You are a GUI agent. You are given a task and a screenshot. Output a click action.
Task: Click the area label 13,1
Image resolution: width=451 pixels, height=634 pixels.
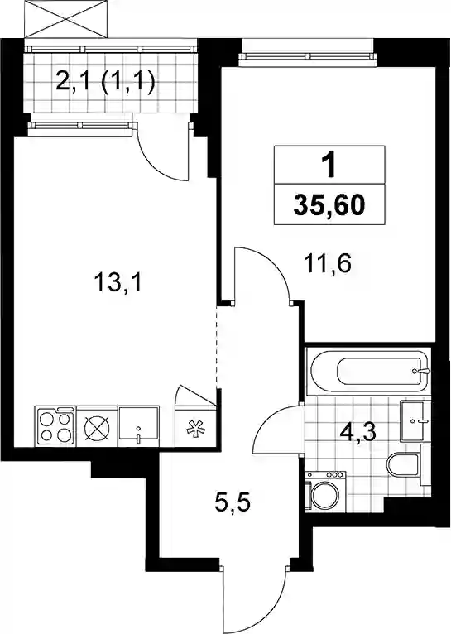coord(118,282)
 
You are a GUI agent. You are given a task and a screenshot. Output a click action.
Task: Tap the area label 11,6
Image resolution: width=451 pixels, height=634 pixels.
coord(328,264)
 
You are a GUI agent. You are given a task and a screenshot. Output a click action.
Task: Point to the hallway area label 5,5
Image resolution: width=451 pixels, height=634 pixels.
coord(232,504)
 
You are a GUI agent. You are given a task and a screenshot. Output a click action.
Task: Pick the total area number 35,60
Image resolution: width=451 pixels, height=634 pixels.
coord(329,205)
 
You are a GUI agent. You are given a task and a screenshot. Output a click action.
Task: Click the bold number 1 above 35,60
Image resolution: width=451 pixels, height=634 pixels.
coord(329,166)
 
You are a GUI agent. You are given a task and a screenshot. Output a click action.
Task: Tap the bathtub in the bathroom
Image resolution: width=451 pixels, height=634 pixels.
coord(368,371)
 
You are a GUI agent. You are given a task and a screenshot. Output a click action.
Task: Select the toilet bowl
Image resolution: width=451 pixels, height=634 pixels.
coord(403,465)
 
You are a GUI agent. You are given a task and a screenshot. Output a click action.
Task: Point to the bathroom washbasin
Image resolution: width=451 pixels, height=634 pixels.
coord(412,421)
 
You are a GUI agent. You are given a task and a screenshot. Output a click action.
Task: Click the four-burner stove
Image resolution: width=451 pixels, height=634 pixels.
coord(55,427)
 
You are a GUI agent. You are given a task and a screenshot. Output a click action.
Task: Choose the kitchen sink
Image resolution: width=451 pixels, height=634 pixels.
coord(139,427)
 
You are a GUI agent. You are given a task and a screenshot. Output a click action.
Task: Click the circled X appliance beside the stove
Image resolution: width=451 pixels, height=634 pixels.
coord(97,427)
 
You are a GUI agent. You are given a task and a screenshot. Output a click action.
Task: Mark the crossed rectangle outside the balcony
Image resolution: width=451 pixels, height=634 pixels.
coord(67,19)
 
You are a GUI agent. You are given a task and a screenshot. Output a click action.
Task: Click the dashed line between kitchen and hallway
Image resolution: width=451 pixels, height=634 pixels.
coord(218,347)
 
